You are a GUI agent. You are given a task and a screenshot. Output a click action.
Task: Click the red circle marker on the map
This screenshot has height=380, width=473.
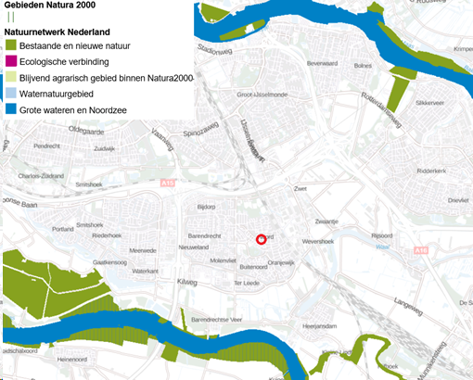pyautogui.click(x=262, y=240)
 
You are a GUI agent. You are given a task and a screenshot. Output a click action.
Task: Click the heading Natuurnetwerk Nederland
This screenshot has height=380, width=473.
pyautogui.click(x=63, y=31)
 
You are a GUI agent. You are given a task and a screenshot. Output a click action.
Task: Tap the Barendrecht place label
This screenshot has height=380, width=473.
pyautogui.click(x=207, y=235)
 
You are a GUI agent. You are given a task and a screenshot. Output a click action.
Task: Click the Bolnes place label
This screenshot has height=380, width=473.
pyautogui.click(x=363, y=66)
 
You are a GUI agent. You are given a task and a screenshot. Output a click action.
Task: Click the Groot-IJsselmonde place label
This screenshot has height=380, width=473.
pyautogui.click(x=262, y=94)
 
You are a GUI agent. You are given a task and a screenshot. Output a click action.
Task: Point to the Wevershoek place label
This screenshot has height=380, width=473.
pyautogui.click(x=324, y=239)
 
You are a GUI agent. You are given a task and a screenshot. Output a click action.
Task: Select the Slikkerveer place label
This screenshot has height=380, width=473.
pyautogui.click(x=432, y=103)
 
